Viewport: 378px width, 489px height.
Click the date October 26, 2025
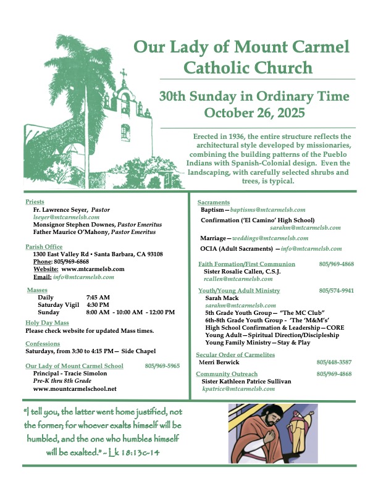(254, 112)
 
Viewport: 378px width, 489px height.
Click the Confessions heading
(43, 344)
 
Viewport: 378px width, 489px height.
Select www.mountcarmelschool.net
(75, 389)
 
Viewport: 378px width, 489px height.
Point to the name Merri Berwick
(221, 362)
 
